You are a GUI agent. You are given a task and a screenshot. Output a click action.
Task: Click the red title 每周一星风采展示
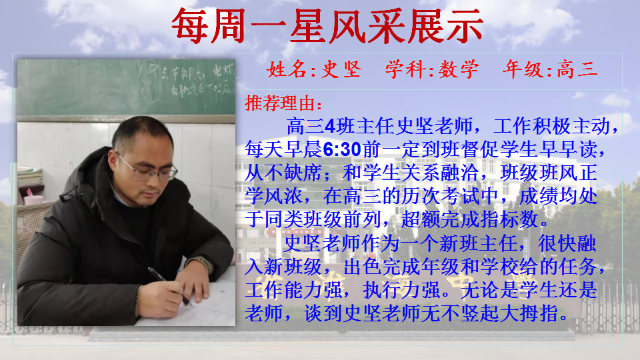pos(327,27)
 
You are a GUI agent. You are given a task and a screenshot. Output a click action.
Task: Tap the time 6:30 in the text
pos(342,149)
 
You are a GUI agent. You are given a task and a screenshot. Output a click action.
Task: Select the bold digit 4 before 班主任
pos(330,126)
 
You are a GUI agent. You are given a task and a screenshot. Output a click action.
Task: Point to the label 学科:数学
pos(432,69)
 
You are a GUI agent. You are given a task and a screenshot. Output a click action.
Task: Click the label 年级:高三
pos(550,69)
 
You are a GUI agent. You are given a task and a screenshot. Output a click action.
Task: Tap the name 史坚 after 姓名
pos(341,69)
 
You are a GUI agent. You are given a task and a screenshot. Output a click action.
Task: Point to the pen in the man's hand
pos(169,286)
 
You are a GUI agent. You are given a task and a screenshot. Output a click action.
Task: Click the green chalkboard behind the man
pos(126,87)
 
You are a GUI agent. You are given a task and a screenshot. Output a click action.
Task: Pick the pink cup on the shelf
pos(33,199)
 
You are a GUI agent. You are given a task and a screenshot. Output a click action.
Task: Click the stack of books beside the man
pos(29,176)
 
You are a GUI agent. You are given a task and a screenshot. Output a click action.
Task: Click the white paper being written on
pos(192,302)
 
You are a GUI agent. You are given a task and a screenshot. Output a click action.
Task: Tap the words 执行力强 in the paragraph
pos(401,290)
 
